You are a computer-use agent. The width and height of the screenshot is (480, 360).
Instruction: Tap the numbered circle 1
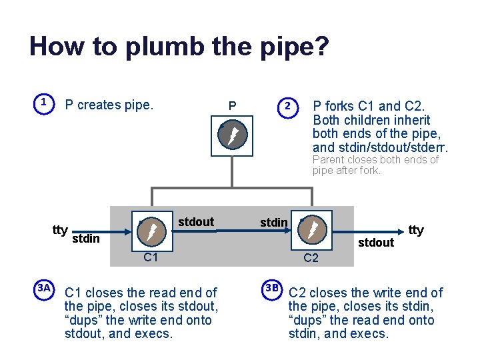pos(43,103)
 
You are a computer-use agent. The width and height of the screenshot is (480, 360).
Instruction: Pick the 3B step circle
pos(271,288)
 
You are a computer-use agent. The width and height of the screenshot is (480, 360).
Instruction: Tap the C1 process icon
pos(151,231)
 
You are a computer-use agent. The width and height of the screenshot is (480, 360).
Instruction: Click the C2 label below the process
pos(311,259)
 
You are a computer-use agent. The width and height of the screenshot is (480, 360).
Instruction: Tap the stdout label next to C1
pos(197,222)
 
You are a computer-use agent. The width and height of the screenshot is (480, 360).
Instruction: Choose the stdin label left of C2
pos(274,222)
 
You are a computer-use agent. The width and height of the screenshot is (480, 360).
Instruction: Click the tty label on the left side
pos(60,230)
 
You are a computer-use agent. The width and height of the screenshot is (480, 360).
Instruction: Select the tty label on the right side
pos(416,230)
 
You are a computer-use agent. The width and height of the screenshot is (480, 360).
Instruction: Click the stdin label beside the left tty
pos(85,239)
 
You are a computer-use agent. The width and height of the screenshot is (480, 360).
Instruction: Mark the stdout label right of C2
pos(376,243)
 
